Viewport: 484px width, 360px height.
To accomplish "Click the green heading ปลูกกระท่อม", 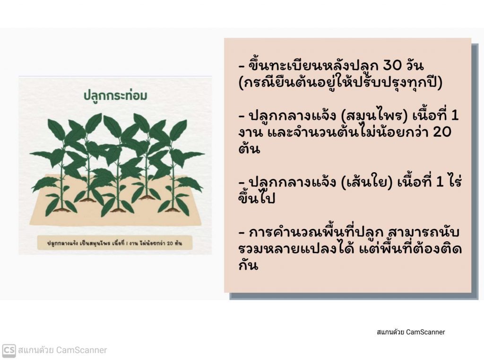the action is [115, 96].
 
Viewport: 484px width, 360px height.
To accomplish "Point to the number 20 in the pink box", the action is [442, 132].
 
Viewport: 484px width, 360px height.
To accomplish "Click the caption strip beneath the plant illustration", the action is [115, 243].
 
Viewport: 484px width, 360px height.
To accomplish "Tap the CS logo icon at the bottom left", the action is [9, 350].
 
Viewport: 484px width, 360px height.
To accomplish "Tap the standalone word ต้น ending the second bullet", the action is [249, 149].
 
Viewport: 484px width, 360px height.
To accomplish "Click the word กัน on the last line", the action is [248, 265].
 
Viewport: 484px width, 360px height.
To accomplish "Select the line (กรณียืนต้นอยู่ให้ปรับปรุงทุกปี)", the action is [341, 82].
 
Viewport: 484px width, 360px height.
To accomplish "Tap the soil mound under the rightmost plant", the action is [173, 210].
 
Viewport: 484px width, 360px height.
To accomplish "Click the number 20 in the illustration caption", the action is [170, 243].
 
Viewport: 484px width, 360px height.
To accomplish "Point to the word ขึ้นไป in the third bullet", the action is [257, 198].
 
